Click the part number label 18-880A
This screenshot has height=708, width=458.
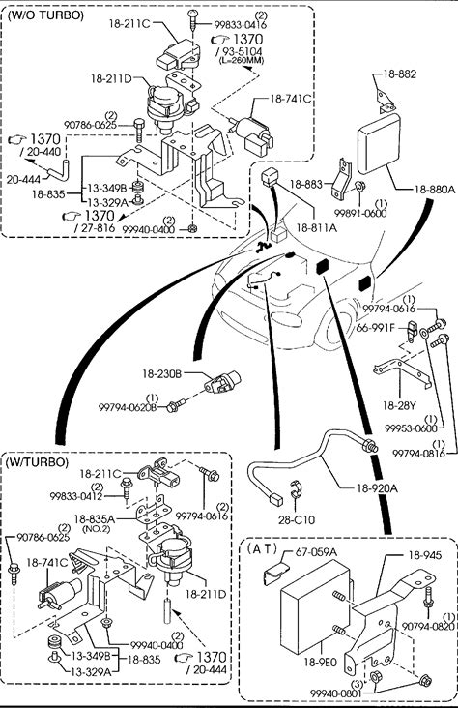[x=435, y=190]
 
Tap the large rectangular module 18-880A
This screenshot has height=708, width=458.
[x=380, y=143]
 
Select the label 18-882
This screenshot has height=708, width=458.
[x=400, y=74]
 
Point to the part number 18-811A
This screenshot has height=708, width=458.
[x=316, y=227]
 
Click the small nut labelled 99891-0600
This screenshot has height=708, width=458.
[x=360, y=186]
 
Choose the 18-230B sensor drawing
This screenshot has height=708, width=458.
[x=222, y=383]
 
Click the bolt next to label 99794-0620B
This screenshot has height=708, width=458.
[x=176, y=404]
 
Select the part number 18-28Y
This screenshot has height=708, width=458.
[x=399, y=405]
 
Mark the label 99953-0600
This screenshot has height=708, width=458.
[x=411, y=428]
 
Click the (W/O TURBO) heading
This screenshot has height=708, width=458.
[x=46, y=15]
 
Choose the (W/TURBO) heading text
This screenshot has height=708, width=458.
[x=37, y=462]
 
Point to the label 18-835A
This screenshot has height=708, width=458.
[x=95, y=519]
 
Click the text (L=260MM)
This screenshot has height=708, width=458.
[x=242, y=60]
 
